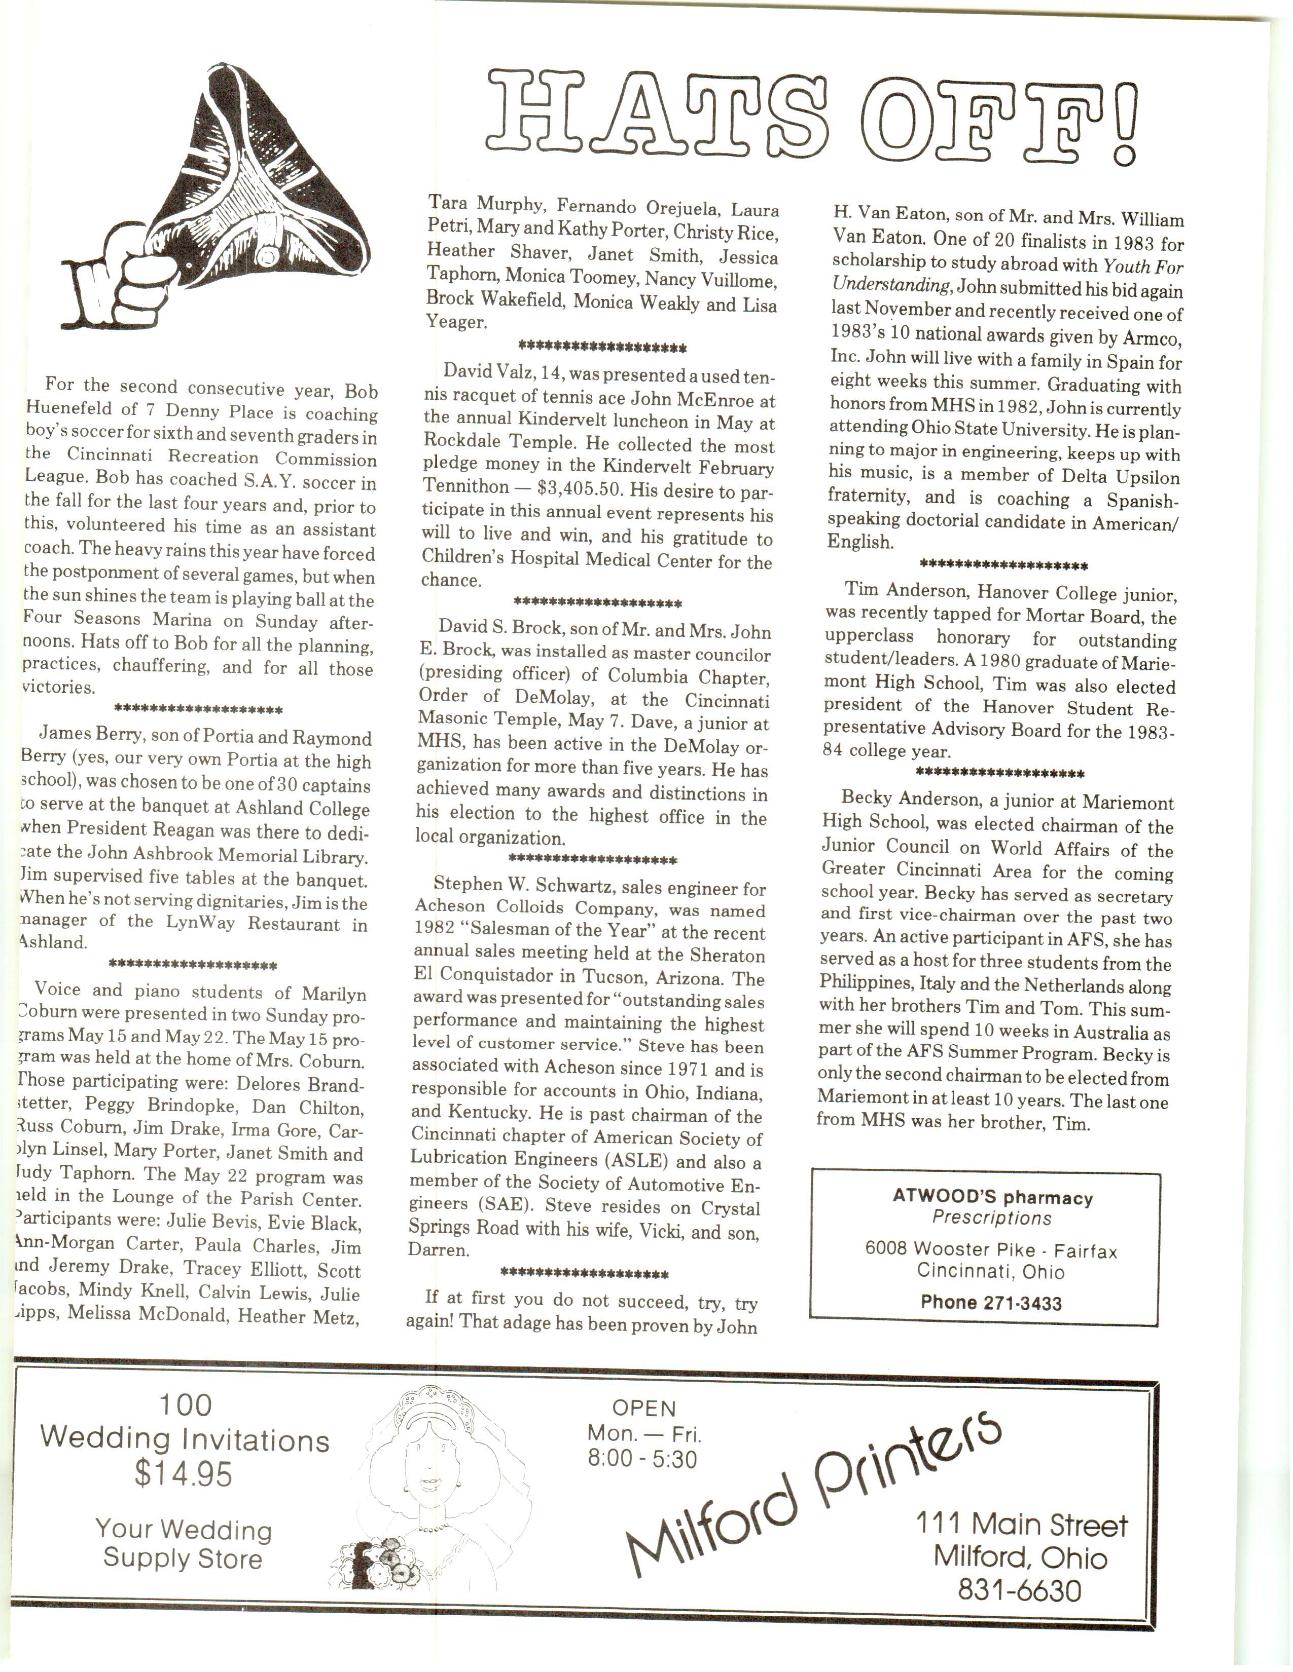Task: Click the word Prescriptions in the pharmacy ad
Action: [991, 1217]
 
